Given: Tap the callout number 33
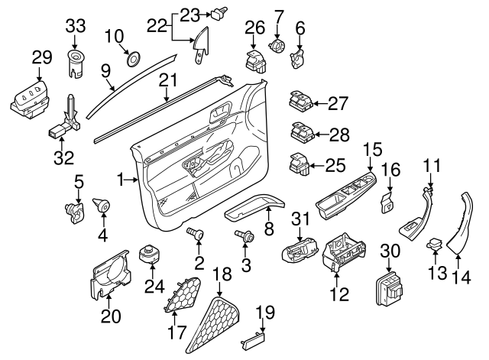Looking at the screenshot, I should [76, 24].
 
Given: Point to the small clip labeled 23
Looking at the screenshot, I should [222, 11].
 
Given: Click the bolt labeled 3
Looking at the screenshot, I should [245, 238].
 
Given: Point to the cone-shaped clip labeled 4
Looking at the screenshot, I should [100, 206].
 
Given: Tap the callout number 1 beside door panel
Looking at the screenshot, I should [120, 179].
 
